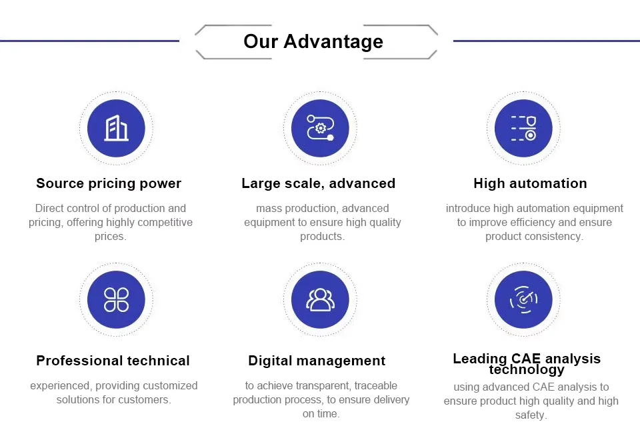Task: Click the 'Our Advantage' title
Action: click(313, 41)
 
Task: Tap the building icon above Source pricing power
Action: click(116, 128)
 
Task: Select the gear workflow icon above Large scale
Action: click(321, 128)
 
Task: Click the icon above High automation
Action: click(524, 128)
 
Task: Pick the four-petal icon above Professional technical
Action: click(116, 299)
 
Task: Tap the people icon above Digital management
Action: click(321, 299)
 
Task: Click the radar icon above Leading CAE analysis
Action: click(524, 299)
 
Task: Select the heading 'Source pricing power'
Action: click(109, 183)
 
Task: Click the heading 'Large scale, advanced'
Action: click(319, 183)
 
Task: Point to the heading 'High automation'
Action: click(530, 183)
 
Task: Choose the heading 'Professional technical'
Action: click(113, 361)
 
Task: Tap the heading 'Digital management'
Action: click(317, 361)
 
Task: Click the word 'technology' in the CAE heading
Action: click(527, 370)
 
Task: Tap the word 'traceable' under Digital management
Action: click(375, 386)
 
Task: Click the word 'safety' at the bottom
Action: click(529, 415)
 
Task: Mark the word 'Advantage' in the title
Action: click(333, 42)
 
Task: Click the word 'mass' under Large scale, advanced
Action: click(268, 209)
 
